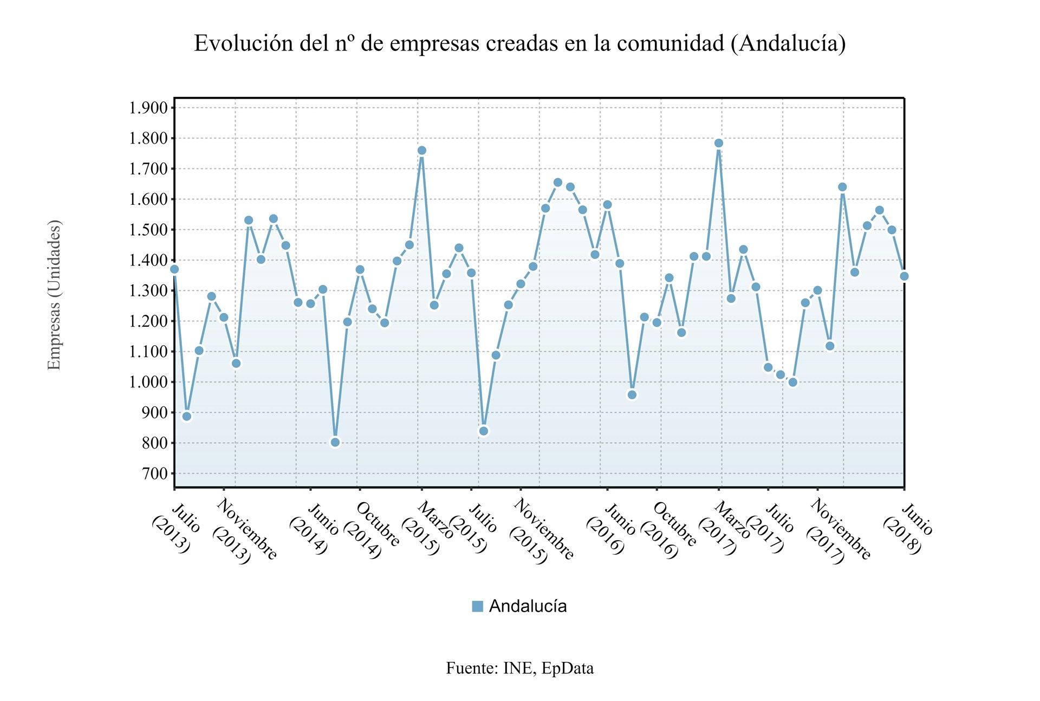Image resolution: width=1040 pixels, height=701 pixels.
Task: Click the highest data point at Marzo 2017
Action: coord(719,143)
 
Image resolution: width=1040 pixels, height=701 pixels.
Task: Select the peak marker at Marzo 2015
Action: coord(422,150)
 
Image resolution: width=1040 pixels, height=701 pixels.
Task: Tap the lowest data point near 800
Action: coord(335,442)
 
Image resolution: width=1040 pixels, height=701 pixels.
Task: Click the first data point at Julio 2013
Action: coord(174,269)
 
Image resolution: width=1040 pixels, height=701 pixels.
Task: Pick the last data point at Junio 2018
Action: coord(904,276)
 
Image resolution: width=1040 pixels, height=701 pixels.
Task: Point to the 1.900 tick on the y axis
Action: coord(148,108)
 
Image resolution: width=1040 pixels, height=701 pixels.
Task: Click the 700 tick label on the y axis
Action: coord(155,473)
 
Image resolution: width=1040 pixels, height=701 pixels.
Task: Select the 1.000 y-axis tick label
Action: coord(148,382)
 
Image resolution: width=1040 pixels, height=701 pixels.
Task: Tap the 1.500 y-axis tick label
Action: coord(148,230)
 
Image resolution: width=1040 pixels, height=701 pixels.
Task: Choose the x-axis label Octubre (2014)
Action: coord(371,531)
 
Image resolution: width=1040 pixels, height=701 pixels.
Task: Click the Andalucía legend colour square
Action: coord(477,606)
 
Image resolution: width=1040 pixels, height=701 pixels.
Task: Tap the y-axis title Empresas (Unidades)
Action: coord(54,295)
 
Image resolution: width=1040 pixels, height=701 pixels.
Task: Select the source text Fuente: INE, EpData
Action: coord(519,668)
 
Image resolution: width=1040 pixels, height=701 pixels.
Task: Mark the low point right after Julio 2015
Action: coord(484,431)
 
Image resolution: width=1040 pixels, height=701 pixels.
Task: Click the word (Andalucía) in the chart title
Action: coord(788,44)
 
